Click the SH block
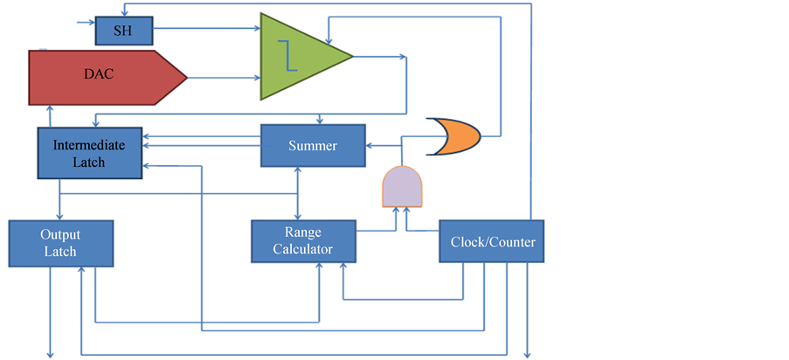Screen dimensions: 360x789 pos(122,31)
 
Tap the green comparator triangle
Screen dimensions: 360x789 pos(301,57)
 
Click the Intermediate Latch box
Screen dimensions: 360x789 pos(90,153)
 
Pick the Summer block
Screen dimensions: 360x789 pos(312,146)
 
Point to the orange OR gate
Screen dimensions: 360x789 pos(453,136)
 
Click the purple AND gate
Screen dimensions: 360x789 pos(403,186)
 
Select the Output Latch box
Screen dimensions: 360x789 pos(60,244)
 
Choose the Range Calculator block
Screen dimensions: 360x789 pos(303,241)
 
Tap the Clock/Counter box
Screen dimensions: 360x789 pos(491,242)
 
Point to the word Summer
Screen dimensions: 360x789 pos(312,146)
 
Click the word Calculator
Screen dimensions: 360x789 pos(303,250)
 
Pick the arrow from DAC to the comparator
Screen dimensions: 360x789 pos(224,78)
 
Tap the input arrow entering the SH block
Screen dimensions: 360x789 pos(86,21)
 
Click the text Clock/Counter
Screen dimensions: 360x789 pos(492,242)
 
